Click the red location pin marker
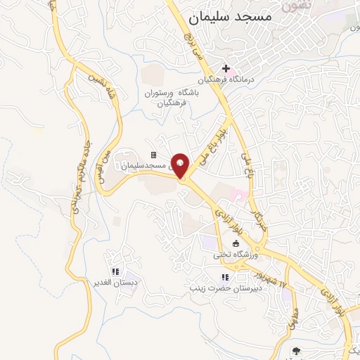tap(181, 165)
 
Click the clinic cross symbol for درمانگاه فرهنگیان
tap(226, 68)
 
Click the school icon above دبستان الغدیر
tap(115, 271)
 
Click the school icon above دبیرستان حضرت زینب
tap(225, 277)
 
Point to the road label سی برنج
tap(193, 46)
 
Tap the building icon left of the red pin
tap(153, 155)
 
